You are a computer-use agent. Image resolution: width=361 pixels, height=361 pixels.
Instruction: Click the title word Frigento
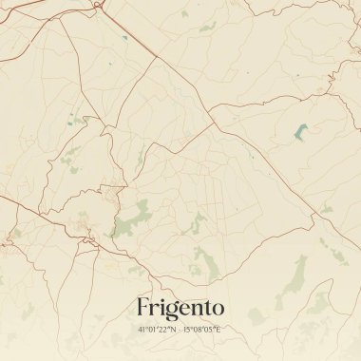(180, 308)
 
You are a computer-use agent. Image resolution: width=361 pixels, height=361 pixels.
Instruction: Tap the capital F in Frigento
(142, 308)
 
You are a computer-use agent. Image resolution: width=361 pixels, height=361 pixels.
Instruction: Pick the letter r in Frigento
(153, 310)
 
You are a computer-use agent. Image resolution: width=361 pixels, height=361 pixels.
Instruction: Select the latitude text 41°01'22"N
(157, 330)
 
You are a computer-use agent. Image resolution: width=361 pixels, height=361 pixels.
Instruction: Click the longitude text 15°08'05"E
(202, 330)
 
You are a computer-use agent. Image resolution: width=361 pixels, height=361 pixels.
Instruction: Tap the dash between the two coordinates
(180, 330)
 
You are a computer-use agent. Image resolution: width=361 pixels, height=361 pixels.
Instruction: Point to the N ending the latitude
(174, 330)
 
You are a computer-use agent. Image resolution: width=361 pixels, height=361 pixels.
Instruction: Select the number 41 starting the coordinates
(142, 330)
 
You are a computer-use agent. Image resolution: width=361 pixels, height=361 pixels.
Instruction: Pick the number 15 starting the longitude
(186, 330)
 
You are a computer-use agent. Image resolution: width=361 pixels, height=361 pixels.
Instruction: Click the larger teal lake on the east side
(301, 132)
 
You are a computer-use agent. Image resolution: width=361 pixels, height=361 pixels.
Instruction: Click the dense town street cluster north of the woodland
(112, 195)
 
